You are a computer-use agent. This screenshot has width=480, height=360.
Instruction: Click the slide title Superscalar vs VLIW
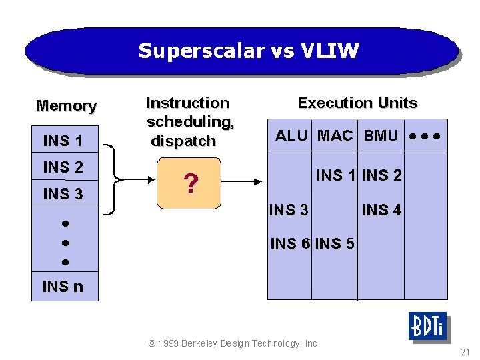click(249, 51)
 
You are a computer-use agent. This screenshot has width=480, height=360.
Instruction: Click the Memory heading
click(66, 105)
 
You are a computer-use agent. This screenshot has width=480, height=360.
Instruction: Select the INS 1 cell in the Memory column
click(63, 141)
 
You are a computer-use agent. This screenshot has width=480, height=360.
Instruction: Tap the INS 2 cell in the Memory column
click(63, 167)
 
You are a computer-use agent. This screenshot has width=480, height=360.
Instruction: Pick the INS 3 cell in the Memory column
click(63, 194)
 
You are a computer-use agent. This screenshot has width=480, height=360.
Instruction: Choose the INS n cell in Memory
click(63, 287)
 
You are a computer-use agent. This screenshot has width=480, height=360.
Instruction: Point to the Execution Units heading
click(357, 103)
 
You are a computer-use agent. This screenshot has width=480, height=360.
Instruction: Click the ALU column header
click(291, 136)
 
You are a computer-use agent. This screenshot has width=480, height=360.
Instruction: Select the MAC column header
click(335, 136)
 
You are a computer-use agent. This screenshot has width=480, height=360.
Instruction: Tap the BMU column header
click(381, 136)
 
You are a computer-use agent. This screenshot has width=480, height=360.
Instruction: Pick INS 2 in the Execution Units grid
click(381, 175)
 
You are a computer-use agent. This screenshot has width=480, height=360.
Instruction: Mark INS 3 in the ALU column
click(289, 210)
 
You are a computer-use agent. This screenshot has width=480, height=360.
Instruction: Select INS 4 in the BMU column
click(381, 210)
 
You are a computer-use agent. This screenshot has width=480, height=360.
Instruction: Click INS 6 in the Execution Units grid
click(290, 243)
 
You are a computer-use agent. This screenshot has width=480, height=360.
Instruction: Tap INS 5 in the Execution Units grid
click(335, 243)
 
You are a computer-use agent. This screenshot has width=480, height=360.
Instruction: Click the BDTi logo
click(427, 327)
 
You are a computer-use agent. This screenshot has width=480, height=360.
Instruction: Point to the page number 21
click(465, 351)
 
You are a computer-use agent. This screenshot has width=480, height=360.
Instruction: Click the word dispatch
click(183, 141)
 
